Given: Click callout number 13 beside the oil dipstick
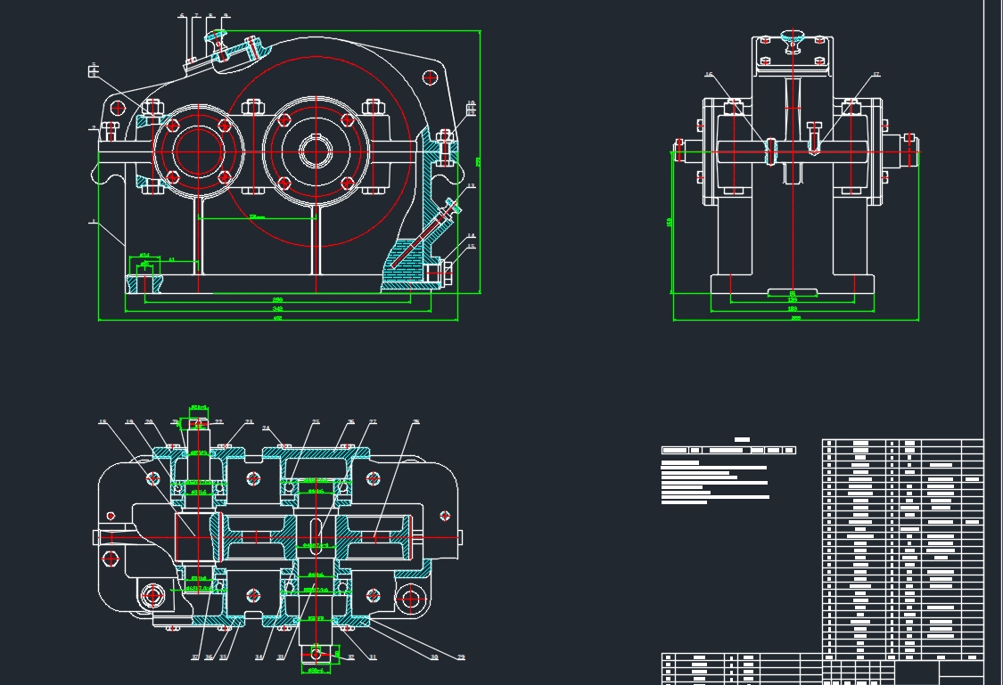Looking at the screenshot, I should click(471, 186).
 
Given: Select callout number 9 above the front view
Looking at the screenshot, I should click(226, 15).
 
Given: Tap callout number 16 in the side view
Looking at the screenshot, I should click(710, 75).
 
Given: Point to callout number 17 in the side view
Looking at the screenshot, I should click(876, 75).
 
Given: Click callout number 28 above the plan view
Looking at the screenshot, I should click(415, 421).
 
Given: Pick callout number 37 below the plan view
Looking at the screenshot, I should click(194, 658).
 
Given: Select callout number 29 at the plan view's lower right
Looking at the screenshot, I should click(461, 658).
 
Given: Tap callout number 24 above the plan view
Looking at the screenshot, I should click(266, 428).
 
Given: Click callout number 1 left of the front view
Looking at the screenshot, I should click(93, 222).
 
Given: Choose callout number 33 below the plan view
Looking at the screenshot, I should click(281, 658).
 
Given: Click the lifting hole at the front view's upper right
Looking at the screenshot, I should click(431, 77).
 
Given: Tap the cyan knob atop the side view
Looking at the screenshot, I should click(792, 37).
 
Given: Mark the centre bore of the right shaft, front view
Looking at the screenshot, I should click(314, 151).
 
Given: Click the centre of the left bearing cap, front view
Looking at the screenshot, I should click(198, 151).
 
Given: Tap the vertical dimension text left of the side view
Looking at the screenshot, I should click(670, 222).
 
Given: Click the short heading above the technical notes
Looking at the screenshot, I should click(742, 439).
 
